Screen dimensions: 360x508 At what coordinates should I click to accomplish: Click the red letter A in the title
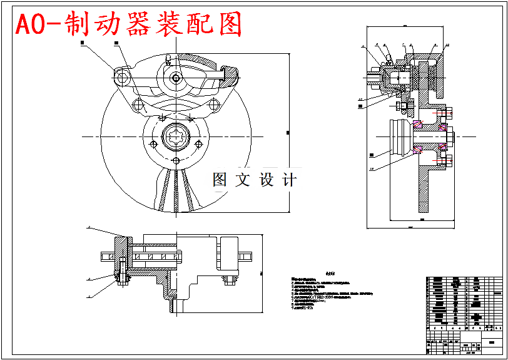[24, 25]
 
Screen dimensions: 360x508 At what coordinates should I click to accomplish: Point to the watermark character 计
[288, 180]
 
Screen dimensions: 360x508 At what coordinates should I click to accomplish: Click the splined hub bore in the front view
[176, 137]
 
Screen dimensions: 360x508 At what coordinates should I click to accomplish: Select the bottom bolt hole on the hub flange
[176, 161]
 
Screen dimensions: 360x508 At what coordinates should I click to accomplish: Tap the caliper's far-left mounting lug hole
[121, 76]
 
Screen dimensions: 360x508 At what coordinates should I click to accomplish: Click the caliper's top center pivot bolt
[176, 78]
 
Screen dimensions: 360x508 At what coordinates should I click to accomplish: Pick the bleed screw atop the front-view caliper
[168, 60]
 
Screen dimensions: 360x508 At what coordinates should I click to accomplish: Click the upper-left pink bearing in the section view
[418, 123]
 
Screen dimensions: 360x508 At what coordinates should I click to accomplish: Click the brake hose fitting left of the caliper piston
[373, 80]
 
